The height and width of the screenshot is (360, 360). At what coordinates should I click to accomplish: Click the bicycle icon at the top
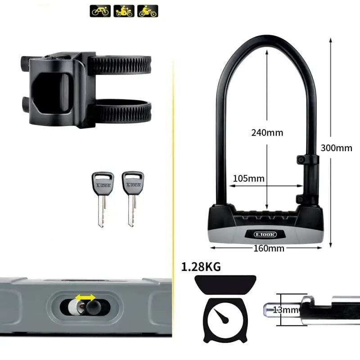100,11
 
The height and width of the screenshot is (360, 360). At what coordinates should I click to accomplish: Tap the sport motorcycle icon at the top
148,11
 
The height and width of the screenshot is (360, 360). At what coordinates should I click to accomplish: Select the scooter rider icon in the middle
124,11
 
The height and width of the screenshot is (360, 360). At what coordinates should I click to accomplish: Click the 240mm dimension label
267,133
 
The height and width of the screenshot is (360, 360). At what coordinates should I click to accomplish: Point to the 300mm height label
336,148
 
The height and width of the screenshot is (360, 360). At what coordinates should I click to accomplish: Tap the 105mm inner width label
249,179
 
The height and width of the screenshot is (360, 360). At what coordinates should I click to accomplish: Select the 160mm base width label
269,248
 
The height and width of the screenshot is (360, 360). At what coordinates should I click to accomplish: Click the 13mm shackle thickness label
286,310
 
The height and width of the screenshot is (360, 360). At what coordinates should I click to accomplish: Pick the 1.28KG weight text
201,267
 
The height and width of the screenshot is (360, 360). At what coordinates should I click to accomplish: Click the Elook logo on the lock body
265,234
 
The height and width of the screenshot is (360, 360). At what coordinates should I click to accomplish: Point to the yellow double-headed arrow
85,297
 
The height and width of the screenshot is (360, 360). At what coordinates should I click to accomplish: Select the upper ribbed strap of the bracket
119,65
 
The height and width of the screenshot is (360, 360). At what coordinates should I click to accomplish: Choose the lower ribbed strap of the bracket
120,111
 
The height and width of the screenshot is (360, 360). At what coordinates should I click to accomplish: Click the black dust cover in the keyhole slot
94,307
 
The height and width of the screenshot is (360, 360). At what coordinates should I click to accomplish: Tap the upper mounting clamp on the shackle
308,160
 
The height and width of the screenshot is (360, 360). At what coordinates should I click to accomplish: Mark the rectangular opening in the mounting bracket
50,93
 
